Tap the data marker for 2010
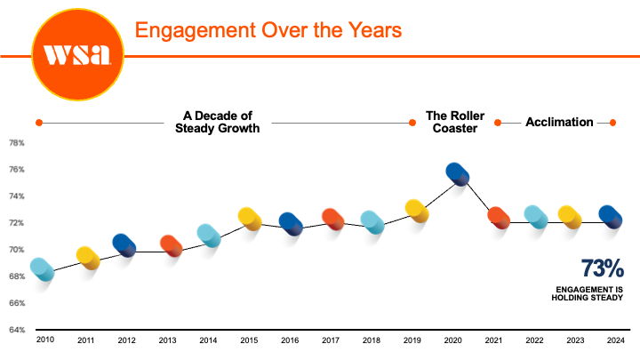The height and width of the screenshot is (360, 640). pos(42,270)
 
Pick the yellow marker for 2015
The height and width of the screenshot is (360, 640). pos(250,219)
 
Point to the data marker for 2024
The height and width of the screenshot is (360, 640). pos(611,216)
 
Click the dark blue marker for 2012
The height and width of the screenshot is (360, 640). pos(124,245)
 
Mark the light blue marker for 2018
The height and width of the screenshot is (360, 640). pos(372,222)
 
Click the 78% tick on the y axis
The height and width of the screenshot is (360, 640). pos(16,143)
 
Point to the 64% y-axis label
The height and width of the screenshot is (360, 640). pos(16,330)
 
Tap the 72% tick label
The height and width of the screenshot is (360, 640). pos(16,223)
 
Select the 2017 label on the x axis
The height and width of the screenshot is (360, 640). pos(332,340)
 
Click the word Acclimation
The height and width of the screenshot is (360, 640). pos(559,122)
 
